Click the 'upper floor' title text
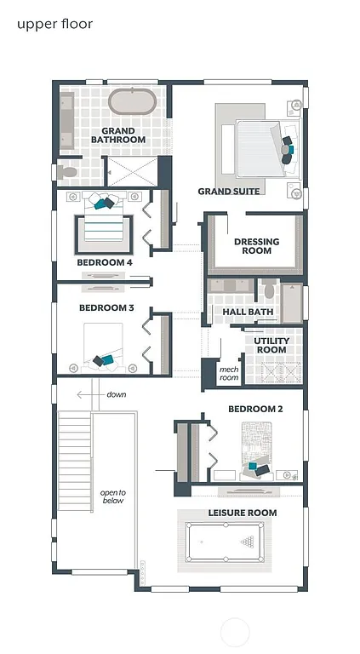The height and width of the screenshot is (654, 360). (54, 24)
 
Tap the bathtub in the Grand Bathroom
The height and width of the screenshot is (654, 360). (133, 101)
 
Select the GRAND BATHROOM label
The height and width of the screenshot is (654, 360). (118, 135)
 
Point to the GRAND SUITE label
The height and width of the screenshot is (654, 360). (229, 192)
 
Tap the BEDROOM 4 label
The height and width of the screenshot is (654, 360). (105, 263)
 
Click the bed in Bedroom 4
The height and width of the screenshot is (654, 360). (105, 226)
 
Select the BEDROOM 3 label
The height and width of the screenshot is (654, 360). (106, 307)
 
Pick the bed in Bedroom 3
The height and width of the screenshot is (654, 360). (106, 349)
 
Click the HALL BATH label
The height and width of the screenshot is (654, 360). (247, 313)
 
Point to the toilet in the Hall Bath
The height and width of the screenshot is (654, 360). (270, 290)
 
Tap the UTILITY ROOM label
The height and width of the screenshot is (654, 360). (271, 345)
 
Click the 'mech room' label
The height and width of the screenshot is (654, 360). (229, 374)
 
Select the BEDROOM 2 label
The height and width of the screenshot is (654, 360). (254, 410)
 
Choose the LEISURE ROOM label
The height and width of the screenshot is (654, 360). (243, 513)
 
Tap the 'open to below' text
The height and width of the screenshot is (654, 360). (112, 496)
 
